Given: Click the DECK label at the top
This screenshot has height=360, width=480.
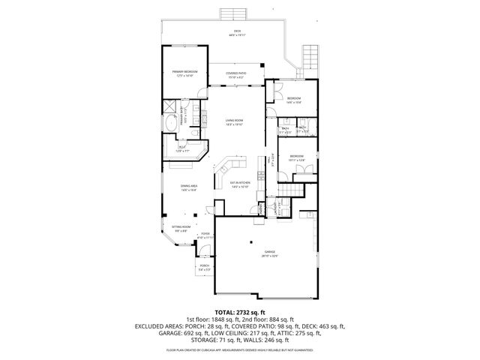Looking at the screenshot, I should (237, 32).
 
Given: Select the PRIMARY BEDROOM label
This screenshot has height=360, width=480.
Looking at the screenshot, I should (184, 73).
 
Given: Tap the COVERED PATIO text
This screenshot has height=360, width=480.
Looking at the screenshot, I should (238, 74).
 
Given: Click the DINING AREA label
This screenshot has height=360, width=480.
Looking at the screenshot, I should (188, 187).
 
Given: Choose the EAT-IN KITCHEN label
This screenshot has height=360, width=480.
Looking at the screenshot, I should (239, 184).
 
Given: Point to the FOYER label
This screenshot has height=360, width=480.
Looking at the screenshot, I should (204, 235).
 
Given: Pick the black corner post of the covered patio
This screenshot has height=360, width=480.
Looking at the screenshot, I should (261, 65).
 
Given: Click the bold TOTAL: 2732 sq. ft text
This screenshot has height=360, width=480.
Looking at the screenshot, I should (239, 311).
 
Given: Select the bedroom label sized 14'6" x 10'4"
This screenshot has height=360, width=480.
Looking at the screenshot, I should (294, 100).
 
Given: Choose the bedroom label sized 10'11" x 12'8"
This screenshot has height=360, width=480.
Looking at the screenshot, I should (296, 158).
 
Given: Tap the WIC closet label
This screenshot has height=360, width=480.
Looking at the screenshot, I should (183, 149).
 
